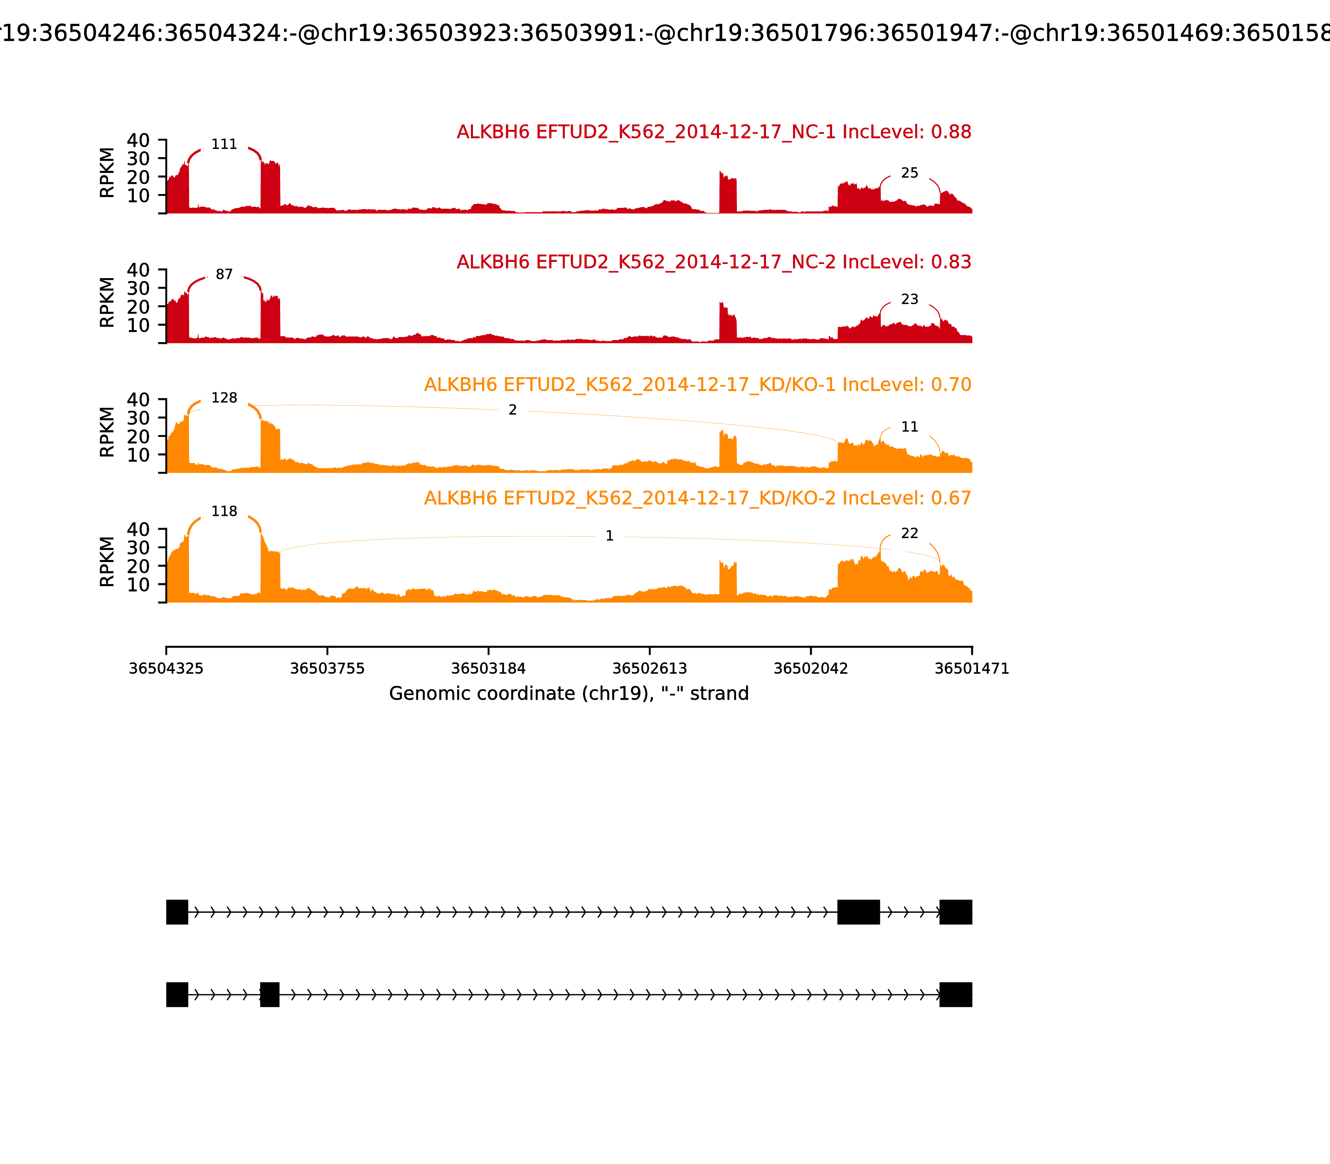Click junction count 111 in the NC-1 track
click(x=224, y=144)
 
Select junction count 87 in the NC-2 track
click(x=224, y=275)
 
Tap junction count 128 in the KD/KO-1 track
click(x=224, y=397)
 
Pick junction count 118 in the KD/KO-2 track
click(x=224, y=511)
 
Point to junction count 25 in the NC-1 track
click(x=909, y=173)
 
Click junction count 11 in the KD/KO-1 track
click(x=909, y=427)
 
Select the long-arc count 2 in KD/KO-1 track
click(x=512, y=410)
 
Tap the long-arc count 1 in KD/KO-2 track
click(x=609, y=536)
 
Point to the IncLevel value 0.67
click(x=951, y=498)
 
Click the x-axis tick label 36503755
click(x=328, y=668)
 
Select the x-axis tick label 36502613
click(x=649, y=668)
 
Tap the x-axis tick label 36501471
click(x=972, y=668)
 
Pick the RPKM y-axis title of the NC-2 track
click(x=107, y=302)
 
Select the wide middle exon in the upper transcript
click(x=859, y=912)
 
